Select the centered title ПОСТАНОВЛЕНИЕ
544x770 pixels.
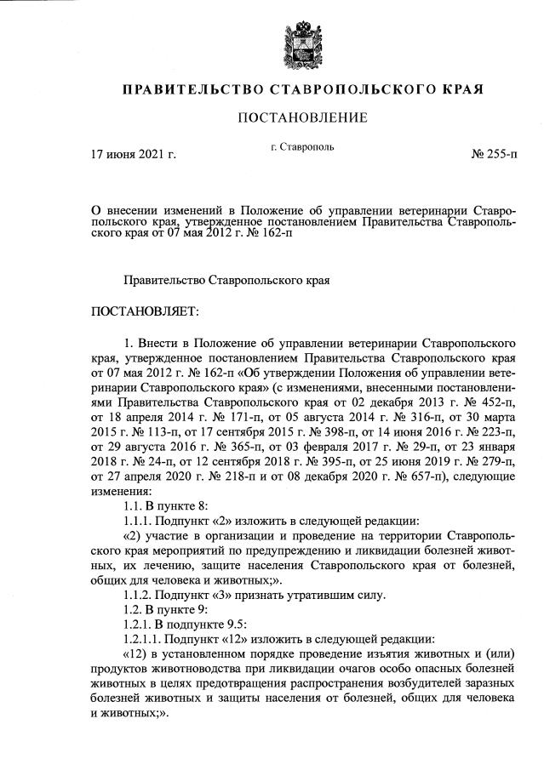pos(302,117)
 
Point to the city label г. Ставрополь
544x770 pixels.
pos(302,147)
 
